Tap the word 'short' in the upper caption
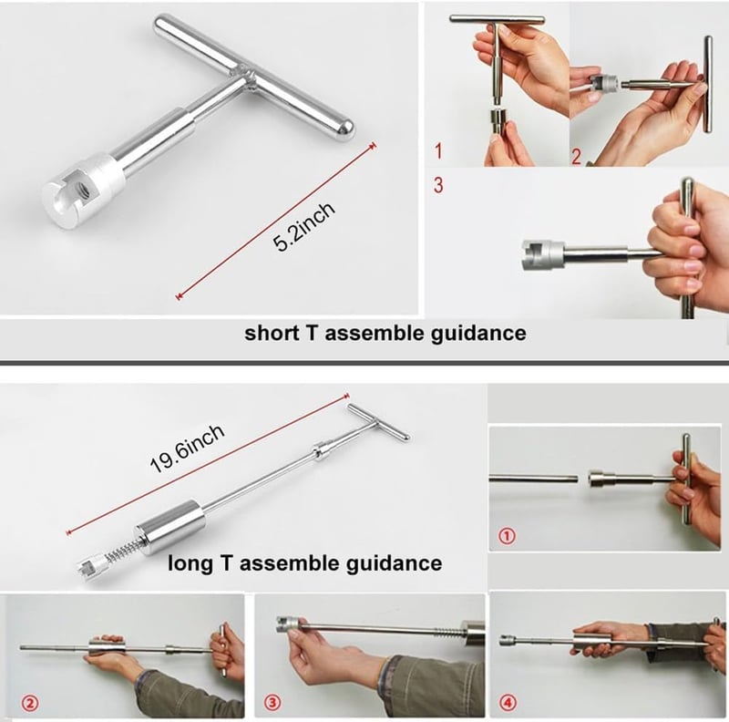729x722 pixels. (270, 333)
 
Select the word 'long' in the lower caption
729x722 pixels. (189, 562)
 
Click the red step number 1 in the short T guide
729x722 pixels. (439, 150)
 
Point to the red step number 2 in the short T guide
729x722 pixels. (577, 155)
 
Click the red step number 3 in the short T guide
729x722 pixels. (438, 185)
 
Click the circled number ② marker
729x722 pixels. (30, 702)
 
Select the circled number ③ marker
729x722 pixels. (272, 702)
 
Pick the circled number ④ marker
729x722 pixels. (506, 702)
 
